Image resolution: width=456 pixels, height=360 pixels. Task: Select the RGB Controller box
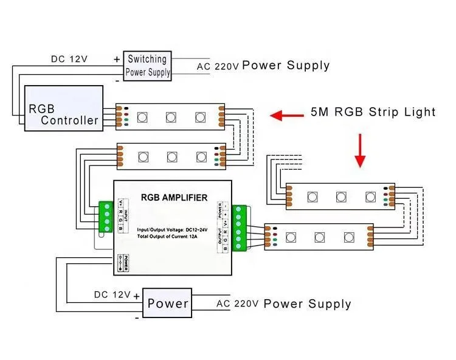pyautogui.click(x=63, y=108)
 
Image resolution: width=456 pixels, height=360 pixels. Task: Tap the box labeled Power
pyautogui.click(x=168, y=303)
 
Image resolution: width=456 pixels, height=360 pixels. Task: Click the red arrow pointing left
pyautogui.click(x=287, y=114)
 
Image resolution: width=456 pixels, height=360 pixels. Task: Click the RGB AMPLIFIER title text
pyautogui.click(x=174, y=197)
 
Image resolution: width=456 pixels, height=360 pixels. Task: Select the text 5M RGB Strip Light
pyautogui.click(x=373, y=112)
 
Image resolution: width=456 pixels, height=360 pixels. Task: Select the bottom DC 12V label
pyautogui.click(x=112, y=295)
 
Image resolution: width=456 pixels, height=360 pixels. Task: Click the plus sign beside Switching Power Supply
pyautogui.click(x=116, y=59)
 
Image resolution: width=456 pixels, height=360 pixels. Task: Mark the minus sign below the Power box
pyautogui.click(x=137, y=317)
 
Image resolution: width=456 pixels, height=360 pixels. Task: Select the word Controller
pyautogui.click(x=69, y=120)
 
